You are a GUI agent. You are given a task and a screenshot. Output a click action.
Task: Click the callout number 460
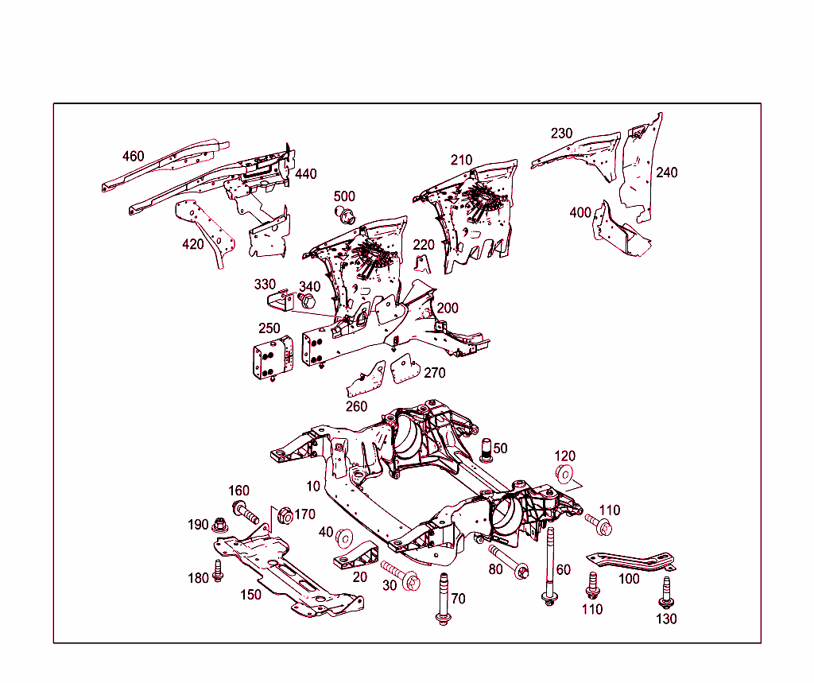pos(134,156)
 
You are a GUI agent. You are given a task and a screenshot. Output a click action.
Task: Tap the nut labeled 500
pos(345,213)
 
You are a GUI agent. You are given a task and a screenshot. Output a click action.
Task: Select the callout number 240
pos(666,172)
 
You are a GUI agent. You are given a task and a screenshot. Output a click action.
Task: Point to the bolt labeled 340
pos(307,302)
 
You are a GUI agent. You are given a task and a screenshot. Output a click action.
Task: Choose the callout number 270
pos(434,372)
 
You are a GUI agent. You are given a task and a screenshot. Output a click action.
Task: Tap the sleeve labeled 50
pos(488,449)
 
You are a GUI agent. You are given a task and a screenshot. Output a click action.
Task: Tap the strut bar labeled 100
pos(632,561)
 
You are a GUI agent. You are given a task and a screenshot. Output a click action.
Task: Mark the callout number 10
pos(313,485)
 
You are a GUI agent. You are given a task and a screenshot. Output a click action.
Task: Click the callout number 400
pos(580,212)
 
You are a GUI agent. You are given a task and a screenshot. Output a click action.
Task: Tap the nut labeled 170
pos(282,517)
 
